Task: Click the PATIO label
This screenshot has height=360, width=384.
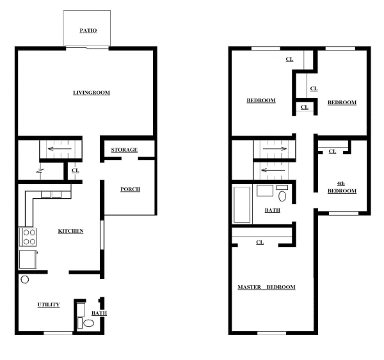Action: coord(88,30)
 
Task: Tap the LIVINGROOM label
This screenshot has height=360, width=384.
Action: coord(91,93)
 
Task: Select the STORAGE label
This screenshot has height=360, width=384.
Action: coord(124,150)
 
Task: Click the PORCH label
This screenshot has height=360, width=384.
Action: coord(130,189)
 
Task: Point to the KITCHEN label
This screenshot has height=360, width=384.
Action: coord(70,231)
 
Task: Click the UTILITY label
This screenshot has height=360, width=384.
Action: coord(49,305)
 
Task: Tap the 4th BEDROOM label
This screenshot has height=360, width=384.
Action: coord(342,187)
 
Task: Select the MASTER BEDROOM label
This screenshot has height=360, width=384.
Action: coord(266,287)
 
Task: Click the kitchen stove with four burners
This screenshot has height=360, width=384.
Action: coord(29,237)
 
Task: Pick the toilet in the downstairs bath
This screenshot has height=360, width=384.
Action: coord(88,324)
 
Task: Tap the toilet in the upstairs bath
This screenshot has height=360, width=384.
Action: coord(282,196)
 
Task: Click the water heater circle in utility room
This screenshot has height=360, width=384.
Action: coord(25,280)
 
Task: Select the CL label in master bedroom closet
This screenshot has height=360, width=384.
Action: coord(260,242)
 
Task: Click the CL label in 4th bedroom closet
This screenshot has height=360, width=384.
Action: coord(332,152)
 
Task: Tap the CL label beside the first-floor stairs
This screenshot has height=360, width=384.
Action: coord(75,171)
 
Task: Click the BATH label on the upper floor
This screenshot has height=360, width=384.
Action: coord(273,210)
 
